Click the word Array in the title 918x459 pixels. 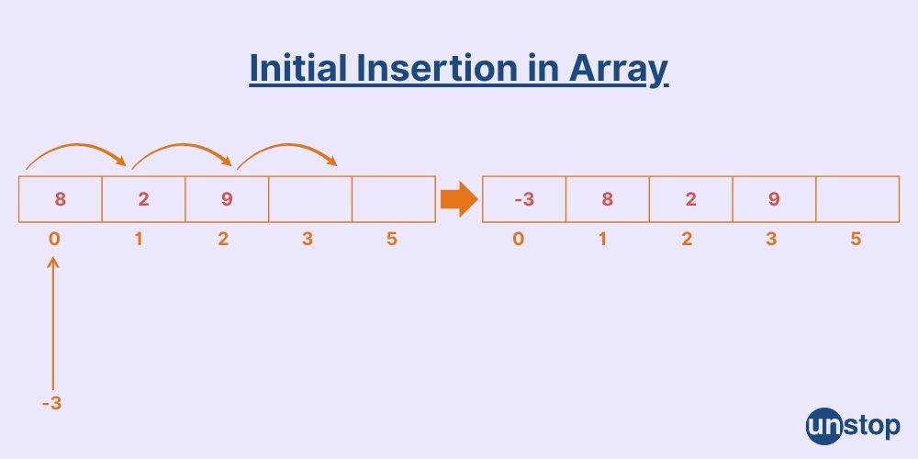(621, 70)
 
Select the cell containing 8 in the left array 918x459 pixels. (60, 199)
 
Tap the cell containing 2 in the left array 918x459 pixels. (143, 199)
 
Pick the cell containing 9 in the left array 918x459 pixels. (227, 199)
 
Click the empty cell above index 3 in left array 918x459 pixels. (310, 199)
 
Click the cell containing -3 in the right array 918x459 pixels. (523, 199)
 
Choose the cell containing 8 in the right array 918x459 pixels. (607, 199)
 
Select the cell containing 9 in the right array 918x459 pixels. (774, 199)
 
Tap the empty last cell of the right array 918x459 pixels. (857, 199)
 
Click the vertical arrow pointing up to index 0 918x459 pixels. (53, 321)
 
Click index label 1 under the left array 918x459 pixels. (139, 240)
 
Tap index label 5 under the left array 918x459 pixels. (392, 240)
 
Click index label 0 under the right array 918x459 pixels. (519, 240)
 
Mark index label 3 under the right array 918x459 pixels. (771, 240)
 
